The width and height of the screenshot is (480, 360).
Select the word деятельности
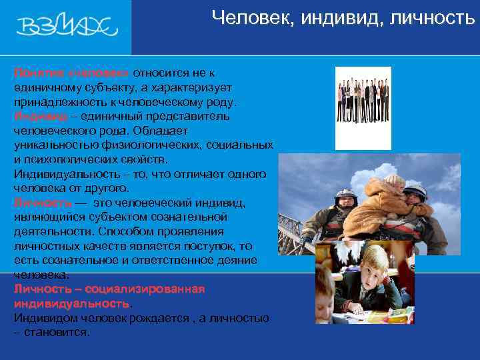(x=53, y=231)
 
